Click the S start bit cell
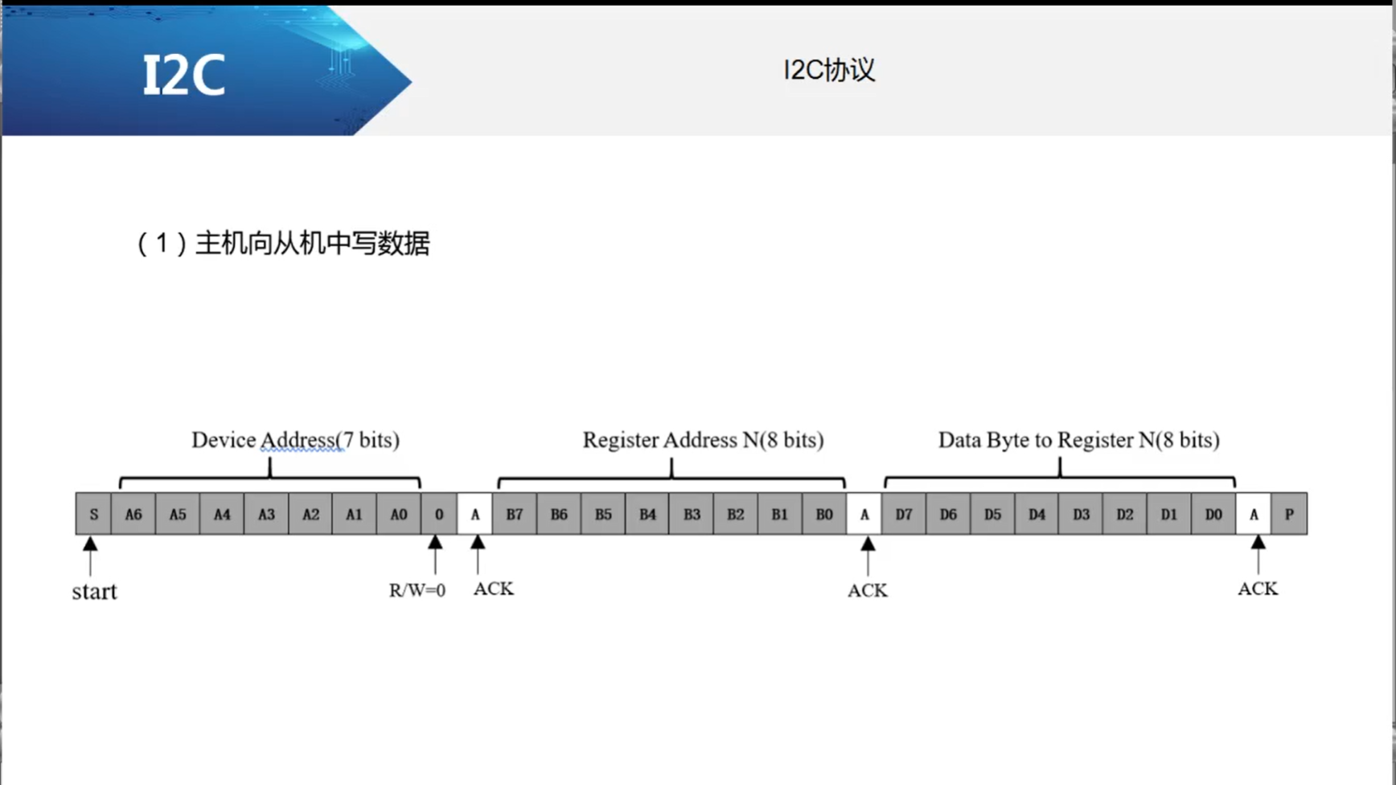[x=94, y=514]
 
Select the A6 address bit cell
[x=133, y=514]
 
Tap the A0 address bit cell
[x=399, y=514]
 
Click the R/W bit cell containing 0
[x=439, y=514]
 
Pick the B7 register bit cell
[x=515, y=514]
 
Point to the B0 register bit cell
[x=824, y=514]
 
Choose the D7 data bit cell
[x=904, y=514]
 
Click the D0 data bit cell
[x=1213, y=514]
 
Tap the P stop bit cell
[x=1289, y=514]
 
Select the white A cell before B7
[x=475, y=514]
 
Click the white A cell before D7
[x=864, y=514]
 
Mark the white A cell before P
[x=1254, y=514]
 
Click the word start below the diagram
[x=94, y=592]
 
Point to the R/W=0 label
[x=417, y=590]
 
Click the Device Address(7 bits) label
[x=295, y=440]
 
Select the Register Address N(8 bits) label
[x=703, y=440]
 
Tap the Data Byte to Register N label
[x=1078, y=440]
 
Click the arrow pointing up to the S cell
[x=90, y=555]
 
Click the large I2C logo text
[x=184, y=76]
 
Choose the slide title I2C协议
[x=829, y=70]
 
